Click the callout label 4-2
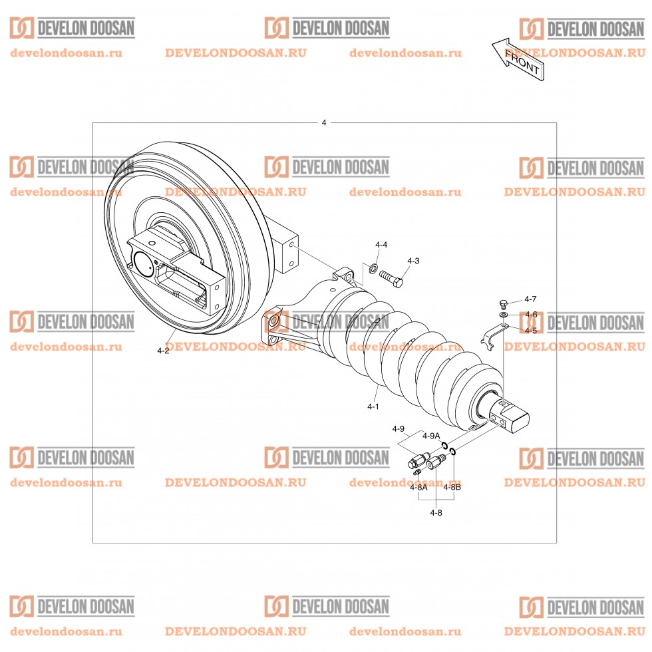[x=163, y=350]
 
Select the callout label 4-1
[x=373, y=405]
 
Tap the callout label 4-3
[x=413, y=261]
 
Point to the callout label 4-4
[x=381, y=245]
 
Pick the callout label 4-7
[x=530, y=299]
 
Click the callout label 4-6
[x=530, y=315]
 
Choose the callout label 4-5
[x=530, y=330]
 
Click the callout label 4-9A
[x=432, y=436]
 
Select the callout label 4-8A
[x=418, y=488]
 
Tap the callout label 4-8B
[x=452, y=488]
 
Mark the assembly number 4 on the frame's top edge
[x=324, y=123]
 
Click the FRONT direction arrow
[x=518, y=59]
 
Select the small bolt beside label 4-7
[x=504, y=303]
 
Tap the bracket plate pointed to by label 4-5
[x=491, y=333]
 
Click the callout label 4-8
[x=436, y=512]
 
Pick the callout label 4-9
[x=398, y=428]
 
